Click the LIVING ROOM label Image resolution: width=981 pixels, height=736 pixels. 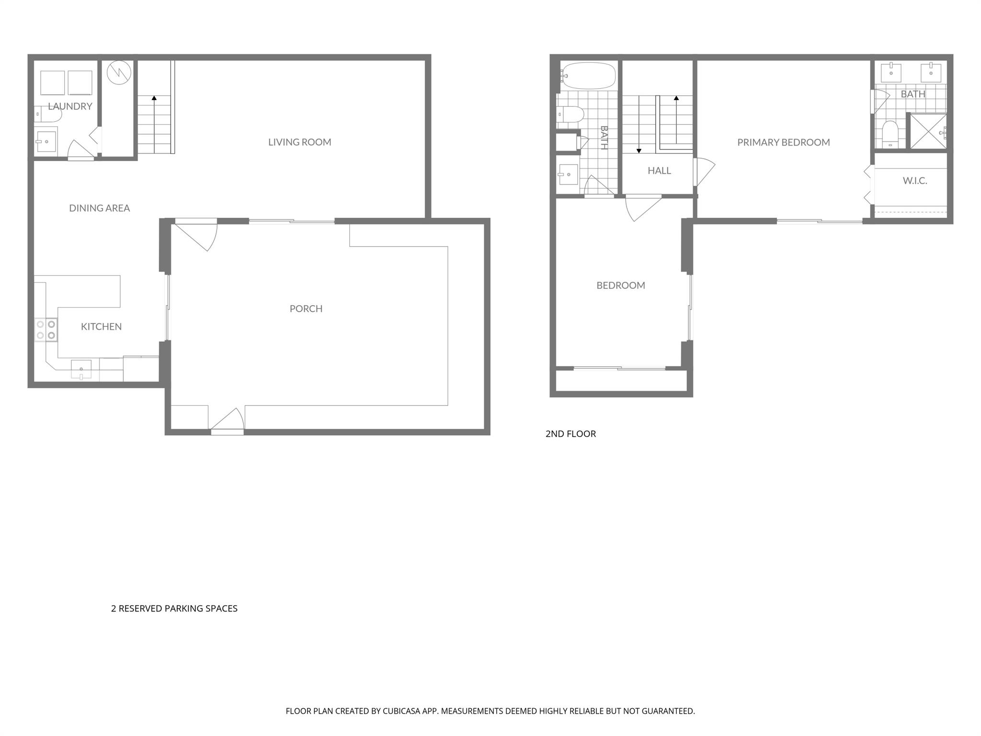click(x=299, y=142)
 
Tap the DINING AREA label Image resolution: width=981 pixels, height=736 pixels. click(x=99, y=208)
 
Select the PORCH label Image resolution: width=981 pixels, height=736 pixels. click(x=306, y=309)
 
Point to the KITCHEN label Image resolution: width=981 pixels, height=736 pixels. click(x=101, y=327)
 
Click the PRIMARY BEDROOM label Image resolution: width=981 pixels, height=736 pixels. click(x=783, y=142)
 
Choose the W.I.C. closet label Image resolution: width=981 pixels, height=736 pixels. click(x=914, y=181)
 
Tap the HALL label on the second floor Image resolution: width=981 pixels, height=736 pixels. click(x=659, y=171)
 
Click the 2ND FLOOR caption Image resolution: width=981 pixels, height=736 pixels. click(x=570, y=434)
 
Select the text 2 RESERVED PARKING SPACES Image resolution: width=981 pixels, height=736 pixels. click(x=174, y=609)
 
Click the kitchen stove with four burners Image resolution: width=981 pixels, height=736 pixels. click(x=46, y=330)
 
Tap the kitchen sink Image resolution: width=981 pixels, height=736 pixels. click(x=81, y=369)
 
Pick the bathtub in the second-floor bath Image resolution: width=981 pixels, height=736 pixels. click(x=589, y=76)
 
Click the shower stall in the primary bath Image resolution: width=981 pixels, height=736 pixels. click(x=928, y=131)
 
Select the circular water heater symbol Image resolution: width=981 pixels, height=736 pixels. click(x=118, y=73)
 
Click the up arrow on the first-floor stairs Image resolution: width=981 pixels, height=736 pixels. click(x=154, y=98)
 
